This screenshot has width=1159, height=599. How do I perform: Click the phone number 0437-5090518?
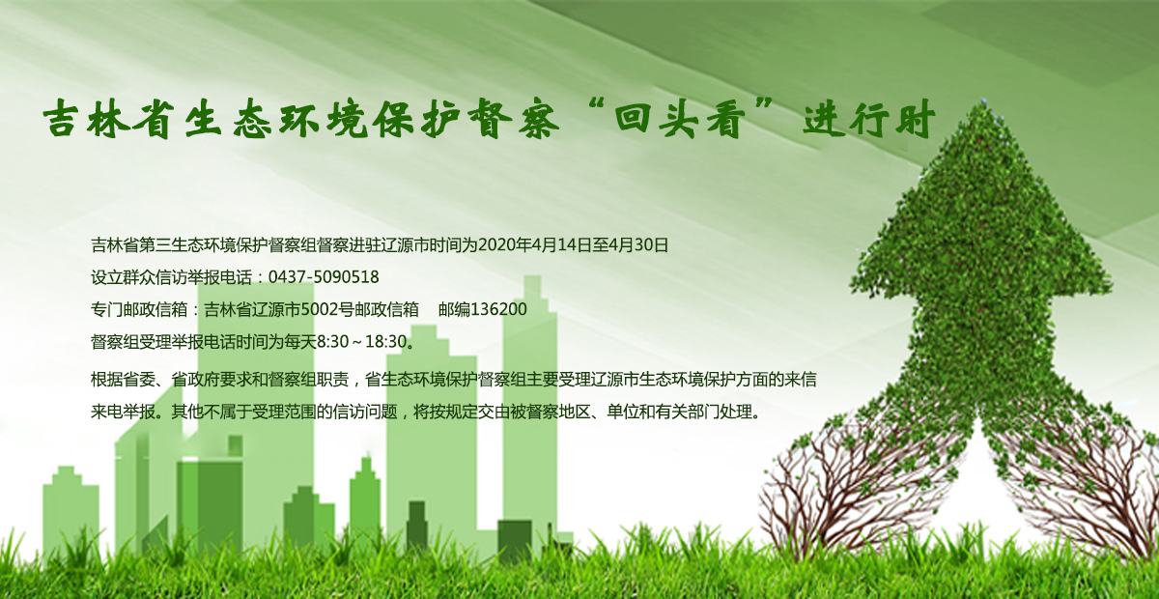(x=324, y=277)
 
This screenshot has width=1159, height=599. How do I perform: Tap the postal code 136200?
(x=498, y=309)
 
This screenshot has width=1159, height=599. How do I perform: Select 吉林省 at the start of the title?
(x=106, y=119)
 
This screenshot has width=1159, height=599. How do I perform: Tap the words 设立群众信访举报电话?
(x=171, y=277)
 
